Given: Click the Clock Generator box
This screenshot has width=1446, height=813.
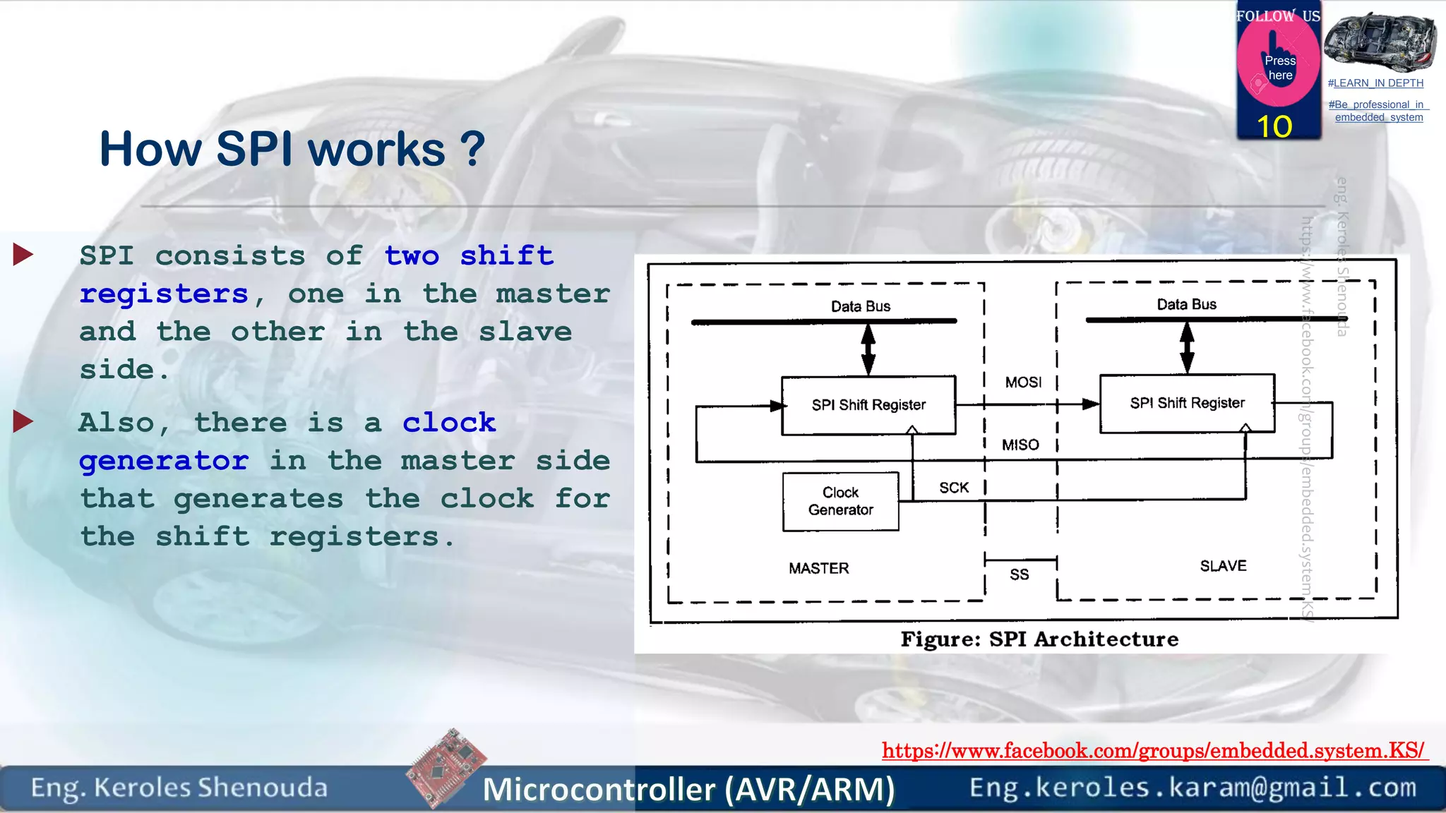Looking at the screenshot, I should (x=840, y=501).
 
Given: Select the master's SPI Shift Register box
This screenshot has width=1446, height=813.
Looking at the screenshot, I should (x=868, y=405).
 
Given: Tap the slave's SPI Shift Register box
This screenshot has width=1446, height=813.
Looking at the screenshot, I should (x=1187, y=403).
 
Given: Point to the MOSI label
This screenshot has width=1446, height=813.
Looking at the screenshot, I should (x=1023, y=383).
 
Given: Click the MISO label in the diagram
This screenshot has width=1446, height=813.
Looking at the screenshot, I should (x=1020, y=445).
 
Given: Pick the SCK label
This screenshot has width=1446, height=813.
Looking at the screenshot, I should (x=954, y=488).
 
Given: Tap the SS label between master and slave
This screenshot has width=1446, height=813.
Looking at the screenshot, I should (x=1019, y=574).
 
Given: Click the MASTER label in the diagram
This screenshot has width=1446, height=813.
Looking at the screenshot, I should (x=819, y=568).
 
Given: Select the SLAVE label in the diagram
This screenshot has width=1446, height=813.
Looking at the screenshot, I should (x=1223, y=566).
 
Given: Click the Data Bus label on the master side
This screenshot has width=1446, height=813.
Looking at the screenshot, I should (x=861, y=306).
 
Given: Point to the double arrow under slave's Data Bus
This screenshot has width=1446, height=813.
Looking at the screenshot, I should (x=1187, y=347).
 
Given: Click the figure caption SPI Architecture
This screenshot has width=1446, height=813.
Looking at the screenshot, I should (x=1039, y=639).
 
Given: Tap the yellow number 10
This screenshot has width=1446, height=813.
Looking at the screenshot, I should (x=1274, y=127).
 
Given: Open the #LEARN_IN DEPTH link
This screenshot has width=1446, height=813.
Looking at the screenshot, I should (x=1375, y=83).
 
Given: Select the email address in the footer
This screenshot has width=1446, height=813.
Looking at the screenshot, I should (x=1193, y=787).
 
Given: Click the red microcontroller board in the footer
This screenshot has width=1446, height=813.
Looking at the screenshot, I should (x=446, y=767).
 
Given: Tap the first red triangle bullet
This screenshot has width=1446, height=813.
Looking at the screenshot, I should (x=23, y=255).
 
